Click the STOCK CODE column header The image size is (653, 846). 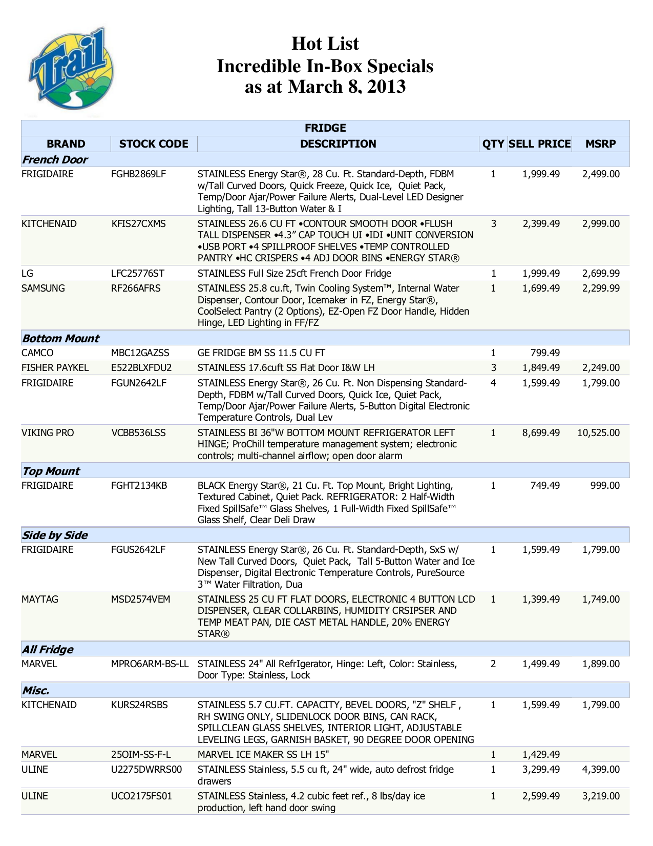(x=154, y=144)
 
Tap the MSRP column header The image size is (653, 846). (x=600, y=144)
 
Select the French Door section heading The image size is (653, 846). (x=55, y=160)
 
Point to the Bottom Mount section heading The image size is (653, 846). (x=60, y=339)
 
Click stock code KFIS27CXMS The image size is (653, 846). (x=138, y=224)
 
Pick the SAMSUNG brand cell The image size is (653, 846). (x=43, y=288)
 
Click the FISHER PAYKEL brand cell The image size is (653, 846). (x=55, y=368)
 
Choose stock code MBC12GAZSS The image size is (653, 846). (x=140, y=353)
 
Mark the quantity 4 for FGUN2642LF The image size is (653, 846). (x=493, y=383)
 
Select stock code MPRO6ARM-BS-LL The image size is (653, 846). (x=150, y=664)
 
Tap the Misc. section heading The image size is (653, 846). (x=36, y=691)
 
